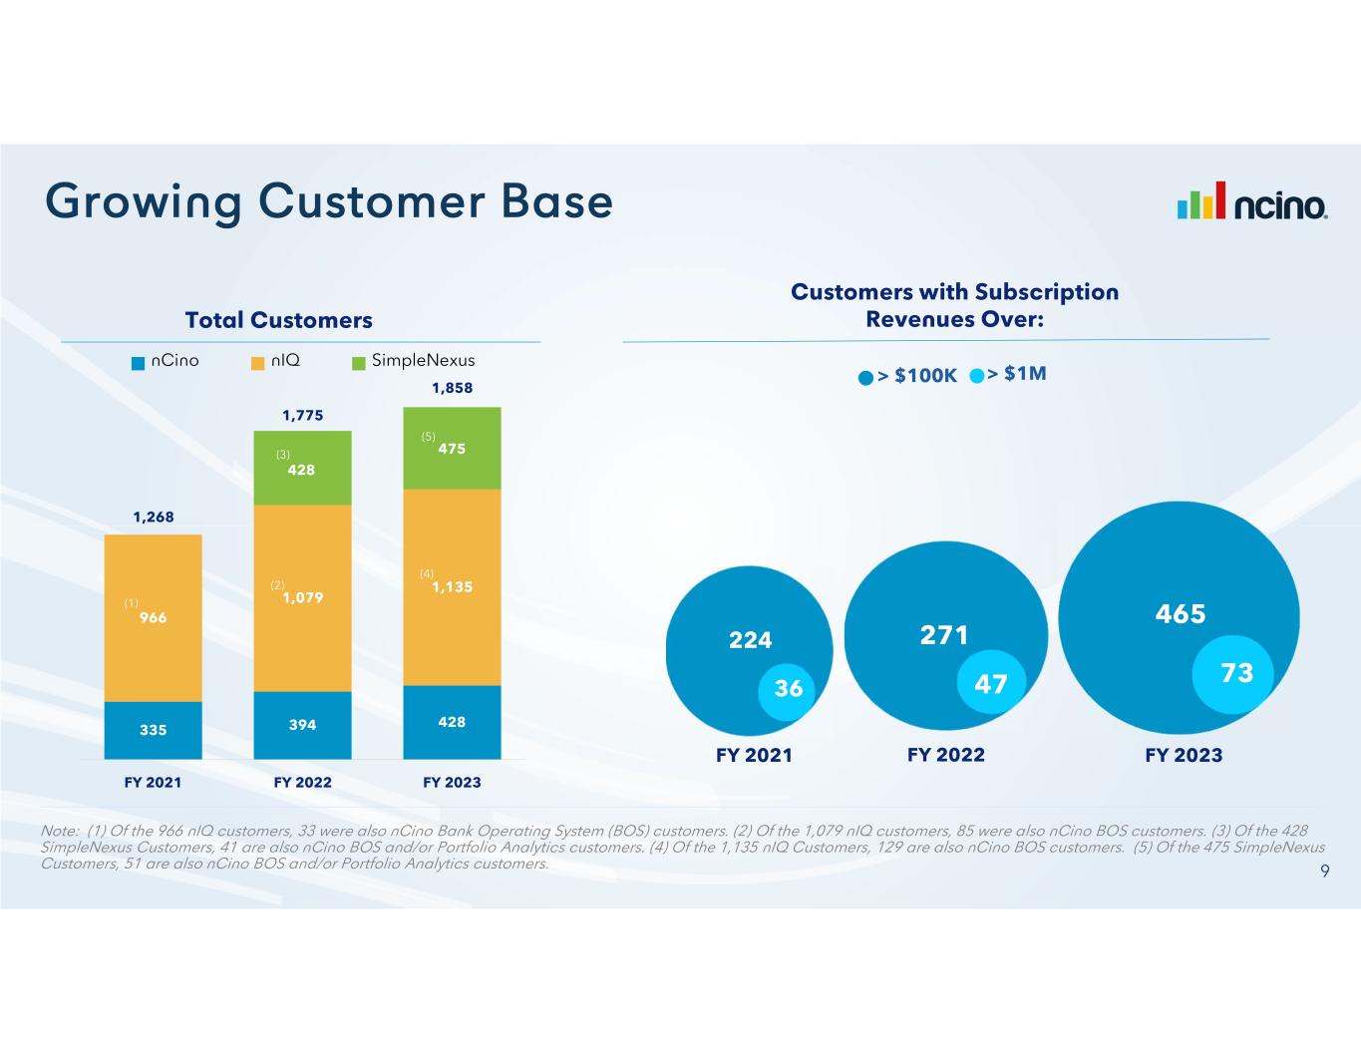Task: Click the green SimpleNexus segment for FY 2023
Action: pos(452,448)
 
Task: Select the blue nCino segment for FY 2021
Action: pos(153,730)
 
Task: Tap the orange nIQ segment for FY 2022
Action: pos(302,598)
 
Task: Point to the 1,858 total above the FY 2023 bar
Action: pos(453,388)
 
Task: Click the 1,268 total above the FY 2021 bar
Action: pos(154,517)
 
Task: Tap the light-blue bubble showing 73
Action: pos(1232,674)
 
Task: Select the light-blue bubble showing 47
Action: pos(991,681)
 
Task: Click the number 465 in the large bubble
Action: pos(1181,613)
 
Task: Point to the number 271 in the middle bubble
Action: pos(944,635)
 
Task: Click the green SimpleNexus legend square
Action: pos(359,363)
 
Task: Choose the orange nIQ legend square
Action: pos(257,363)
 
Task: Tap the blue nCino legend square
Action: pos(139,363)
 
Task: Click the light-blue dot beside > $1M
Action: pos(976,376)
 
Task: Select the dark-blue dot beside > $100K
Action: pos(865,378)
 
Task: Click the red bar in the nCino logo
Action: pos(1219,200)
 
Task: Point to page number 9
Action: pos(1325,872)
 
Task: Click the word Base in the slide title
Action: pos(556,201)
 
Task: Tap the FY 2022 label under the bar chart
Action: pos(302,782)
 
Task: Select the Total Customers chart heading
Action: pos(279,320)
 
